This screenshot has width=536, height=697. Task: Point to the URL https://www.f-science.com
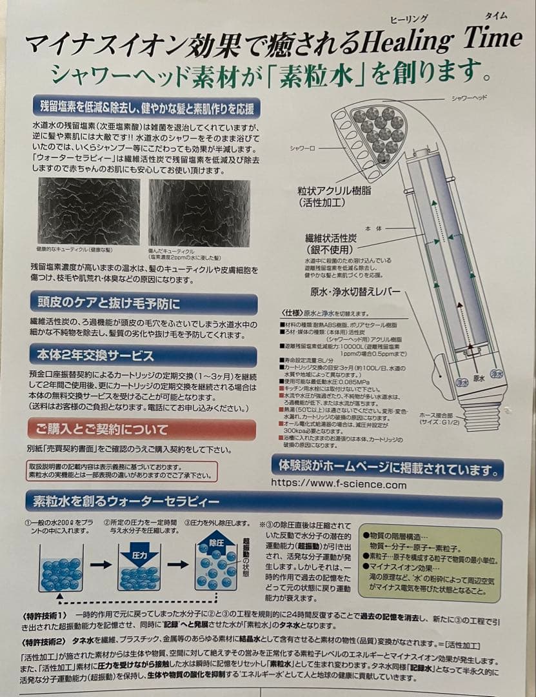tap(339, 485)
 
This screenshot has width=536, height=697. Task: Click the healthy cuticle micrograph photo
tap(88, 212)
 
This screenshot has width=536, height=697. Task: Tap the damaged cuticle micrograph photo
tap(199, 212)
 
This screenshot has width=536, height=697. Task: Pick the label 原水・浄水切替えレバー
tap(355, 292)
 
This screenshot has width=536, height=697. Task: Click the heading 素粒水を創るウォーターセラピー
tap(123, 501)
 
